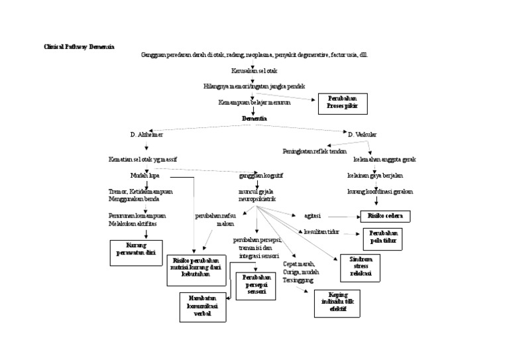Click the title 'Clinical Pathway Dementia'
[79, 48]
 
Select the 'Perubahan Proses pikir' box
[342, 103]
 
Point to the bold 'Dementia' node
[254, 118]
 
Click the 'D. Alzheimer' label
[146, 135]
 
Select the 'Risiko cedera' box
[385, 216]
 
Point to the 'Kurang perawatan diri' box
[135, 253]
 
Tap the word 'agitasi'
[313, 216]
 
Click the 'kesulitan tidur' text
[321, 232]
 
